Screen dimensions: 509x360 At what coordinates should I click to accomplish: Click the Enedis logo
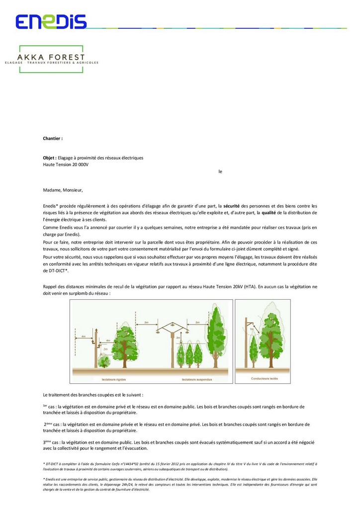[51, 21]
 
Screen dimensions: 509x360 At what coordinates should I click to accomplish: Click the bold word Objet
[49, 158]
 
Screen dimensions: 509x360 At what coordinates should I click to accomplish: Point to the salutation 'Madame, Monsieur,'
[63, 189]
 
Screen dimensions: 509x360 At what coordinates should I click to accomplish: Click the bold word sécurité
[232, 205]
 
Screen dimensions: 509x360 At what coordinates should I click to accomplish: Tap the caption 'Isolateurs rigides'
[113, 379]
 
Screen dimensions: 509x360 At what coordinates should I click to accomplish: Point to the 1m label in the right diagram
[252, 329]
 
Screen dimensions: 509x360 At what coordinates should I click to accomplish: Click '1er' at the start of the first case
[45, 406]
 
